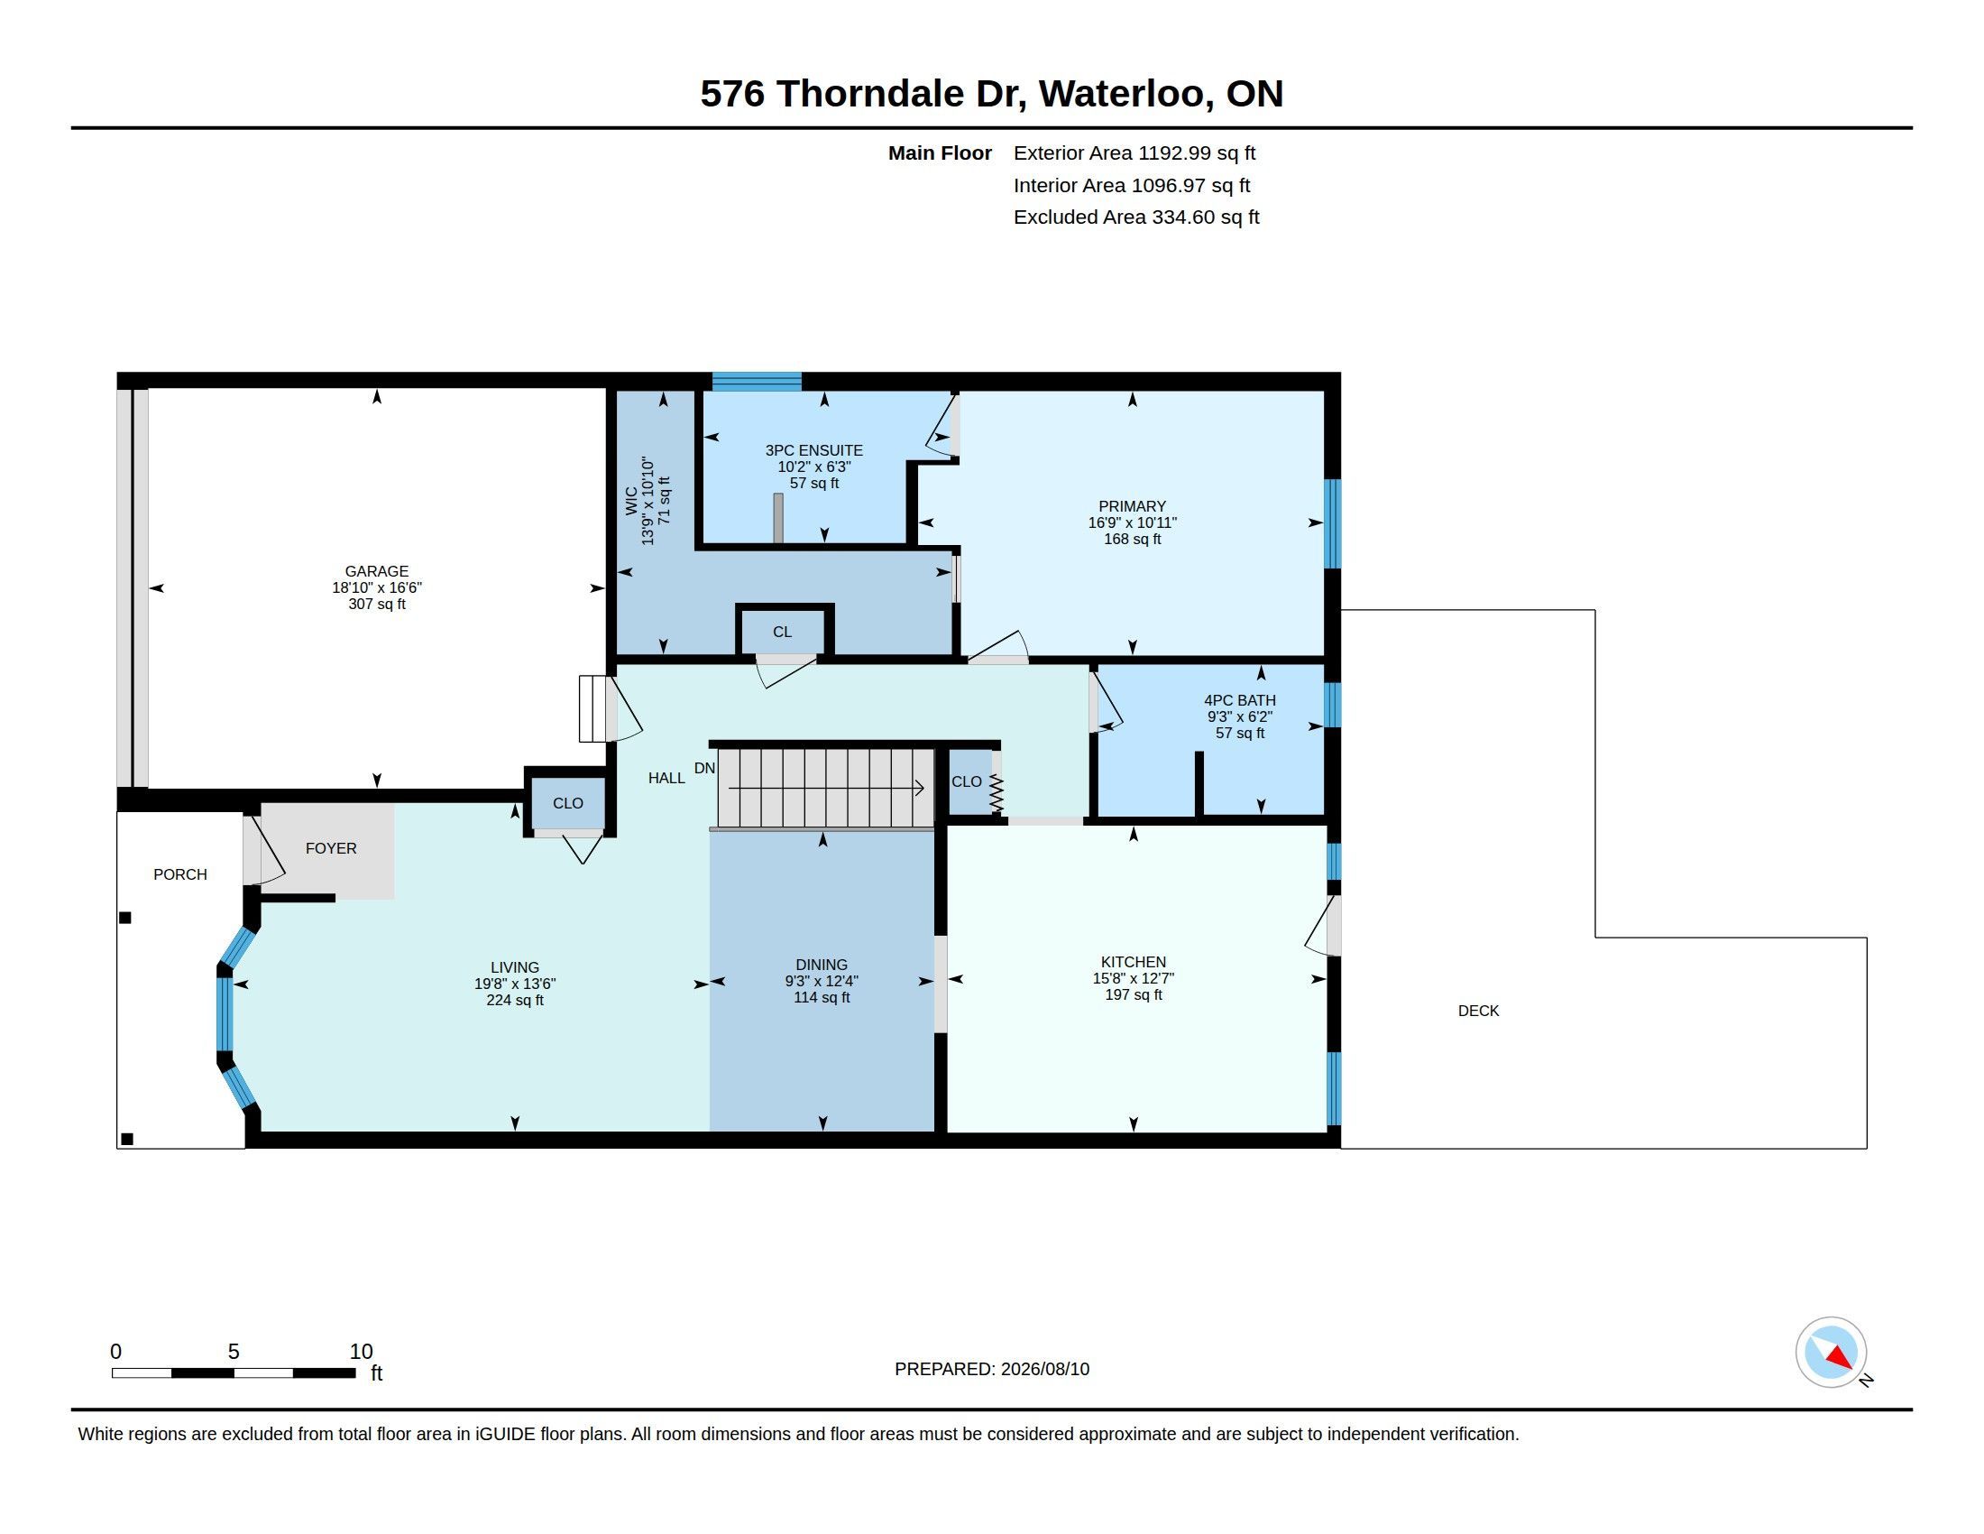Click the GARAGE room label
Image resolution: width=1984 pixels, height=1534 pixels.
(376, 571)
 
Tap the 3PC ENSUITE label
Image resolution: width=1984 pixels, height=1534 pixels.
(814, 451)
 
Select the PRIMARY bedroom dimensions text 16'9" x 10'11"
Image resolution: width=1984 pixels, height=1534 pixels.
(1132, 522)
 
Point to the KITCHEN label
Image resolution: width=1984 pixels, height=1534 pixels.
(1133, 963)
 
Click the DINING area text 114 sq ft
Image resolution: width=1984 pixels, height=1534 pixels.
(822, 998)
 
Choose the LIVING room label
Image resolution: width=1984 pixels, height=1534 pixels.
(515, 968)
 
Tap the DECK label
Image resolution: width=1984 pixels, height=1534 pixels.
(1478, 1011)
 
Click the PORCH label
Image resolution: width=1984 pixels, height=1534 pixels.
(179, 874)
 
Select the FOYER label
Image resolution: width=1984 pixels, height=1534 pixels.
(331, 848)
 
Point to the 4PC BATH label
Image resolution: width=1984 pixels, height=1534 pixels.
(1239, 700)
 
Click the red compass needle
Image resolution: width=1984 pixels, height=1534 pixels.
(1840, 1358)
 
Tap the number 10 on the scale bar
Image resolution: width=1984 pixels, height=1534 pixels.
(361, 1352)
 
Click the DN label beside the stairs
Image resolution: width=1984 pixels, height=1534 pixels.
(704, 769)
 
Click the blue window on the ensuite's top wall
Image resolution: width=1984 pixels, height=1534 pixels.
(757, 381)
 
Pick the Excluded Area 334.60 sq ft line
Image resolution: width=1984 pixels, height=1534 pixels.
(1135, 217)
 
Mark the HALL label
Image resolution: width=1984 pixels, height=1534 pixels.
(666, 778)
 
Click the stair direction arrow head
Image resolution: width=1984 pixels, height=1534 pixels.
(918, 788)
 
